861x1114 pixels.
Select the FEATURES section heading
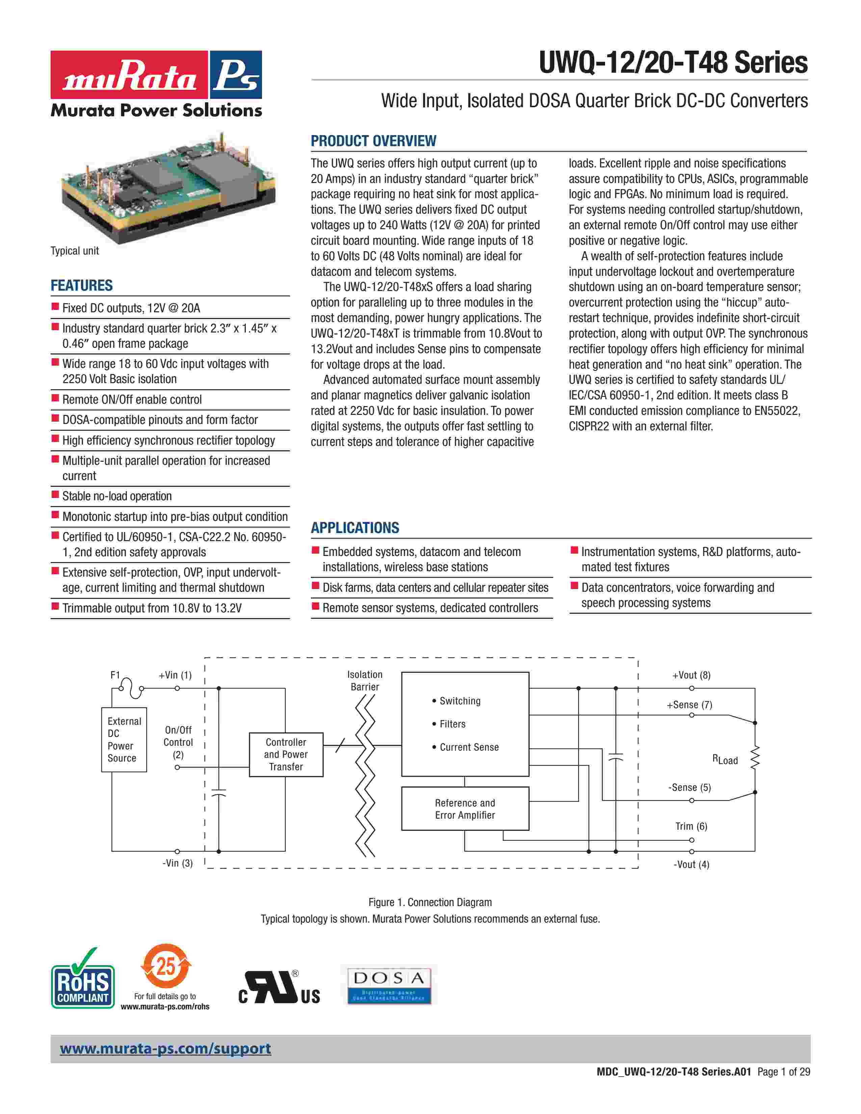click(82, 286)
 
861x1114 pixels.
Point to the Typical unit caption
click(75, 251)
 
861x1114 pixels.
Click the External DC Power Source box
click(124, 740)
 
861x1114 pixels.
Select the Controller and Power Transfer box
click(286, 754)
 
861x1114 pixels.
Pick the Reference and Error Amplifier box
click(465, 809)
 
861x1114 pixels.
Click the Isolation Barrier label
click(365, 681)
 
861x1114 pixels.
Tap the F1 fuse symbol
click(132, 688)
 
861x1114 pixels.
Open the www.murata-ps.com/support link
click(165, 1049)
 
